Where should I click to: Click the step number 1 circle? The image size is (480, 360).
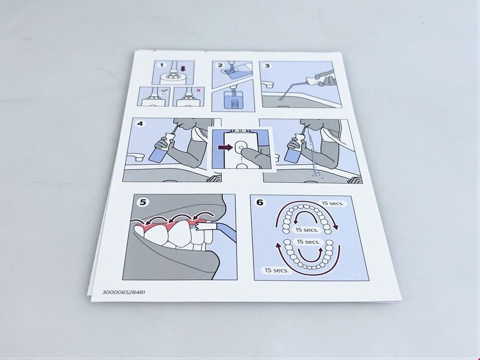[x=162, y=65]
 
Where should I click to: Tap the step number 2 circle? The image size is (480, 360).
[x=220, y=65]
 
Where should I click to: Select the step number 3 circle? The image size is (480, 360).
[x=267, y=66]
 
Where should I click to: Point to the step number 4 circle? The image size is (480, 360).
[x=140, y=124]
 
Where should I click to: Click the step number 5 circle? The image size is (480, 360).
[x=143, y=202]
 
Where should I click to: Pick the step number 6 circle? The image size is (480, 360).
[x=260, y=203]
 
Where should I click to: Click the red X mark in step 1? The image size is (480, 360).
[x=199, y=90]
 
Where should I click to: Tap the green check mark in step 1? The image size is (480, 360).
[x=164, y=90]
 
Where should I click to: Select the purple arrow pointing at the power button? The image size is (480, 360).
[x=225, y=147]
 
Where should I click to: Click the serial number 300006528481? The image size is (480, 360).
[x=124, y=292]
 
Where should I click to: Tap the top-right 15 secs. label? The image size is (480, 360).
[x=333, y=203]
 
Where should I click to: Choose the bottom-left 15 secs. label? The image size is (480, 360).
[x=276, y=270]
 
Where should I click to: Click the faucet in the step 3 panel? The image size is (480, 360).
[x=267, y=84]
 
